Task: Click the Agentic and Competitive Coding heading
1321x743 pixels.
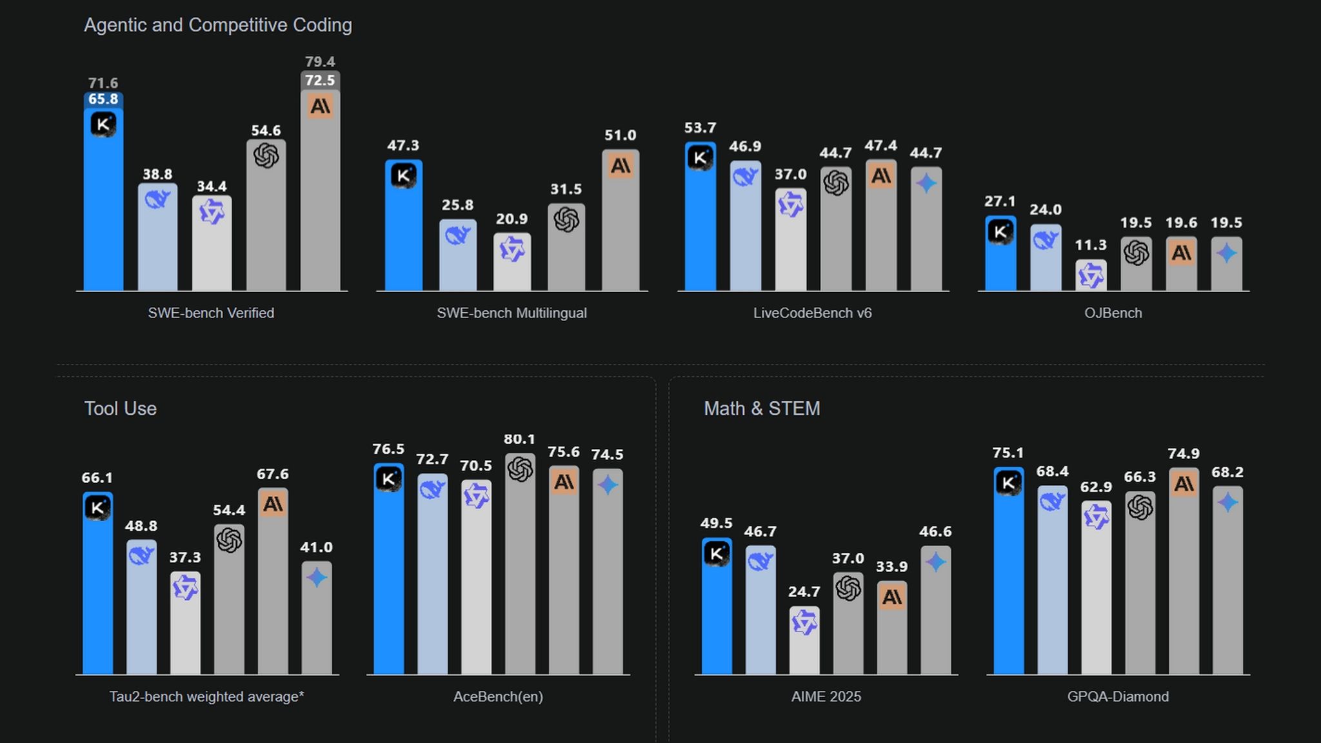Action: (x=218, y=25)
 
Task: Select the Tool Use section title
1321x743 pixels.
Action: (x=121, y=408)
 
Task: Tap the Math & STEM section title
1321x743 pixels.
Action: (x=762, y=408)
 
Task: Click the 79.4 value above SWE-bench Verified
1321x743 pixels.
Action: (x=320, y=62)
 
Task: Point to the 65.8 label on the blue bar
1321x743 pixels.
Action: (x=103, y=99)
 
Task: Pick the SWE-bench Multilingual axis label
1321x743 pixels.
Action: (x=512, y=313)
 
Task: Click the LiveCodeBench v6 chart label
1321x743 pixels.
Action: (x=812, y=313)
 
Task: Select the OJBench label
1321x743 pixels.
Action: (x=1113, y=313)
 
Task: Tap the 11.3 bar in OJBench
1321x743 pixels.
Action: (x=1091, y=276)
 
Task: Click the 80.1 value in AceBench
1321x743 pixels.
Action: (x=519, y=439)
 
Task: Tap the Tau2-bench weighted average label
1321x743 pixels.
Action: (x=206, y=697)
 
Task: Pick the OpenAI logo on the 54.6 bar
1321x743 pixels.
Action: (x=266, y=155)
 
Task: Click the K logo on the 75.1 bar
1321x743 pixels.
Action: (x=1008, y=482)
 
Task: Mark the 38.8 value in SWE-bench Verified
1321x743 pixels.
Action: (x=157, y=174)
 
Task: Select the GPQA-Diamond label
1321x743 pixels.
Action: (x=1118, y=697)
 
